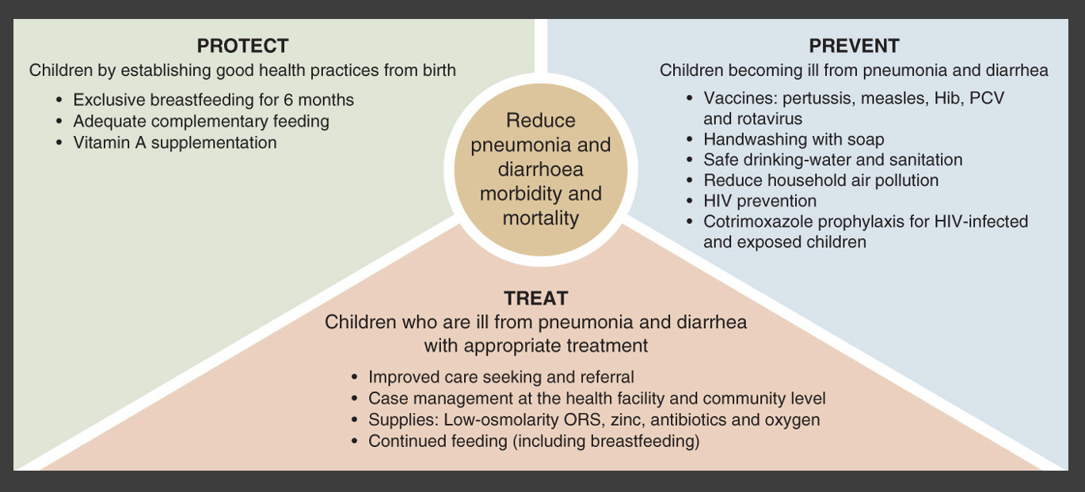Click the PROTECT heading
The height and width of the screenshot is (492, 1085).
pos(242,46)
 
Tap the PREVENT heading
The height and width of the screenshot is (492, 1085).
pos(854,46)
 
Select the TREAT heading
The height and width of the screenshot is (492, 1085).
pos(535,298)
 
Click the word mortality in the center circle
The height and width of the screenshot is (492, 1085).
pos(541,218)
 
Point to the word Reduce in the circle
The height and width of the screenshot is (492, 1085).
pos(541,120)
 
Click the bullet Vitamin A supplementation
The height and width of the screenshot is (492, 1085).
pos(175,142)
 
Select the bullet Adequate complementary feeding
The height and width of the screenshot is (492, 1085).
pos(201,121)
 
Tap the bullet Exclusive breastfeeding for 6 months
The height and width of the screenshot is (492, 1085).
pos(214,100)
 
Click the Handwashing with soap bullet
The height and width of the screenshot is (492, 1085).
pos(794,139)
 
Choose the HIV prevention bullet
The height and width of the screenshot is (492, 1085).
pos(760,201)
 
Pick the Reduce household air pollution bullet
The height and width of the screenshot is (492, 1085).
pos(821,180)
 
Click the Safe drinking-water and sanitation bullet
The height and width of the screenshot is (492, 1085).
pos(833,160)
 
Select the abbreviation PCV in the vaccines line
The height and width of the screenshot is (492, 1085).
pos(986,98)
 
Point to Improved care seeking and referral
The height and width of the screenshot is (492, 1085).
pos(501,377)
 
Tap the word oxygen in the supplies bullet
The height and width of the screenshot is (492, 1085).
pos(793,420)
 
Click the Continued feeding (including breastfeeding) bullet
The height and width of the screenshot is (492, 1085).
pos(534,441)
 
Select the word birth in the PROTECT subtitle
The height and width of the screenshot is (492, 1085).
pos(440,70)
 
